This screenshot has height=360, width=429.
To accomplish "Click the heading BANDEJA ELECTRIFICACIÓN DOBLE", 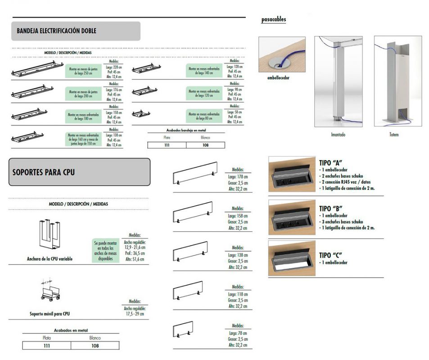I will click(56, 31).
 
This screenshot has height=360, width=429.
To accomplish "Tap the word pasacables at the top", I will click(274, 19).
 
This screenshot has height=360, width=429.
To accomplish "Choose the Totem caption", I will click(394, 135).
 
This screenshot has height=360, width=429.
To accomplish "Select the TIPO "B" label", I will click(331, 209).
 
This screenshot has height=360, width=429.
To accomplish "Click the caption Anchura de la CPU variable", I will click(50, 259).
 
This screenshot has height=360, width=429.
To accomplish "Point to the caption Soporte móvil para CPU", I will click(50, 313).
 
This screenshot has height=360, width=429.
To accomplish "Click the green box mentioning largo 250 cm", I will click(85, 71).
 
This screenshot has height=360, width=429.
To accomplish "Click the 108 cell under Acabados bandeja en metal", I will click(205, 145).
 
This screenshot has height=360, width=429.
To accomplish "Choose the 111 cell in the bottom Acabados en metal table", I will click(46, 346).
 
